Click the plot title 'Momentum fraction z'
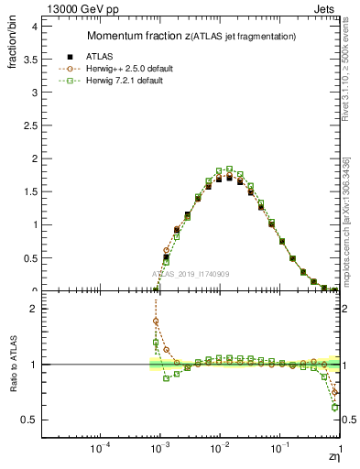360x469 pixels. click(x=137, y=36)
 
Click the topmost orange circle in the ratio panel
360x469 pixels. click(x=156, y=322)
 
